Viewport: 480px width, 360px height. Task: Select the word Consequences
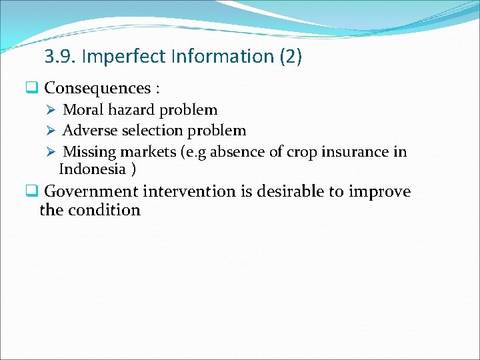[x=97, y=88]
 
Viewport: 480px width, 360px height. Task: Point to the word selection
[x=151, y=131]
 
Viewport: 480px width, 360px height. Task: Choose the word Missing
[x=89, y=152]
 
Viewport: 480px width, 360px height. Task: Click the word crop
[x=301, y=153]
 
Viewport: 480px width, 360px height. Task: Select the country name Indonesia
[x=93, y=169]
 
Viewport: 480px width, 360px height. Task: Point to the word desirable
[x=287, y=192]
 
